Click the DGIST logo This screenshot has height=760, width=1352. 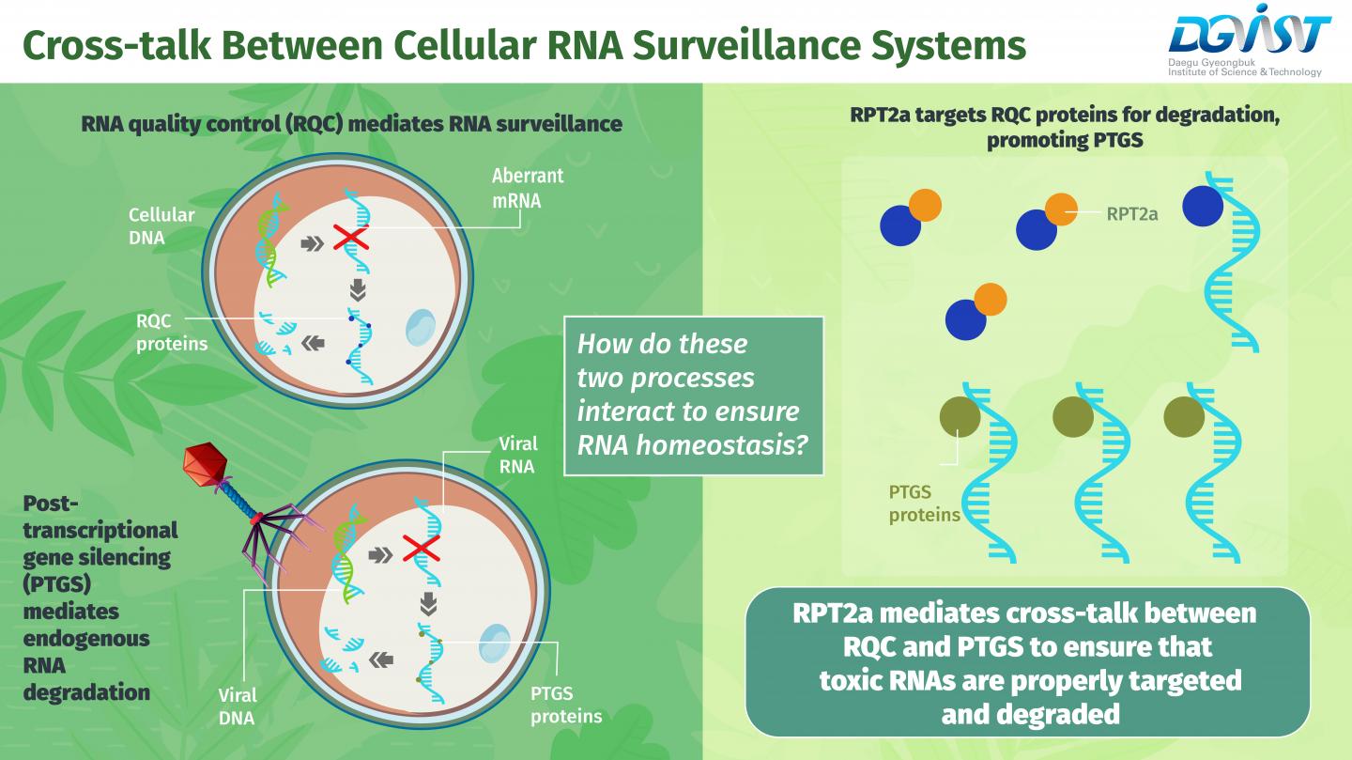point(1248,43)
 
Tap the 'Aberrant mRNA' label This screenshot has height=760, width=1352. point(528,187)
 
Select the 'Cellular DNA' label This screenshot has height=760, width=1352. point(161,225)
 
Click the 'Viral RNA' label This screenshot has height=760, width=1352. point(515,455)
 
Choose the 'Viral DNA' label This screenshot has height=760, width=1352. point(237,707)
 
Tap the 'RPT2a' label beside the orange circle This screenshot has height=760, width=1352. point(1132,214)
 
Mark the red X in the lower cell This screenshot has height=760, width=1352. point(422,548)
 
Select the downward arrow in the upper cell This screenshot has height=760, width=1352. point(358,288)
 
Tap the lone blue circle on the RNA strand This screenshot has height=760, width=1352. point(1203,205)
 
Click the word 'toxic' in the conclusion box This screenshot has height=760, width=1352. point(850,679)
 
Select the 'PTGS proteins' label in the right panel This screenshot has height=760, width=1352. point(924,503)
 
